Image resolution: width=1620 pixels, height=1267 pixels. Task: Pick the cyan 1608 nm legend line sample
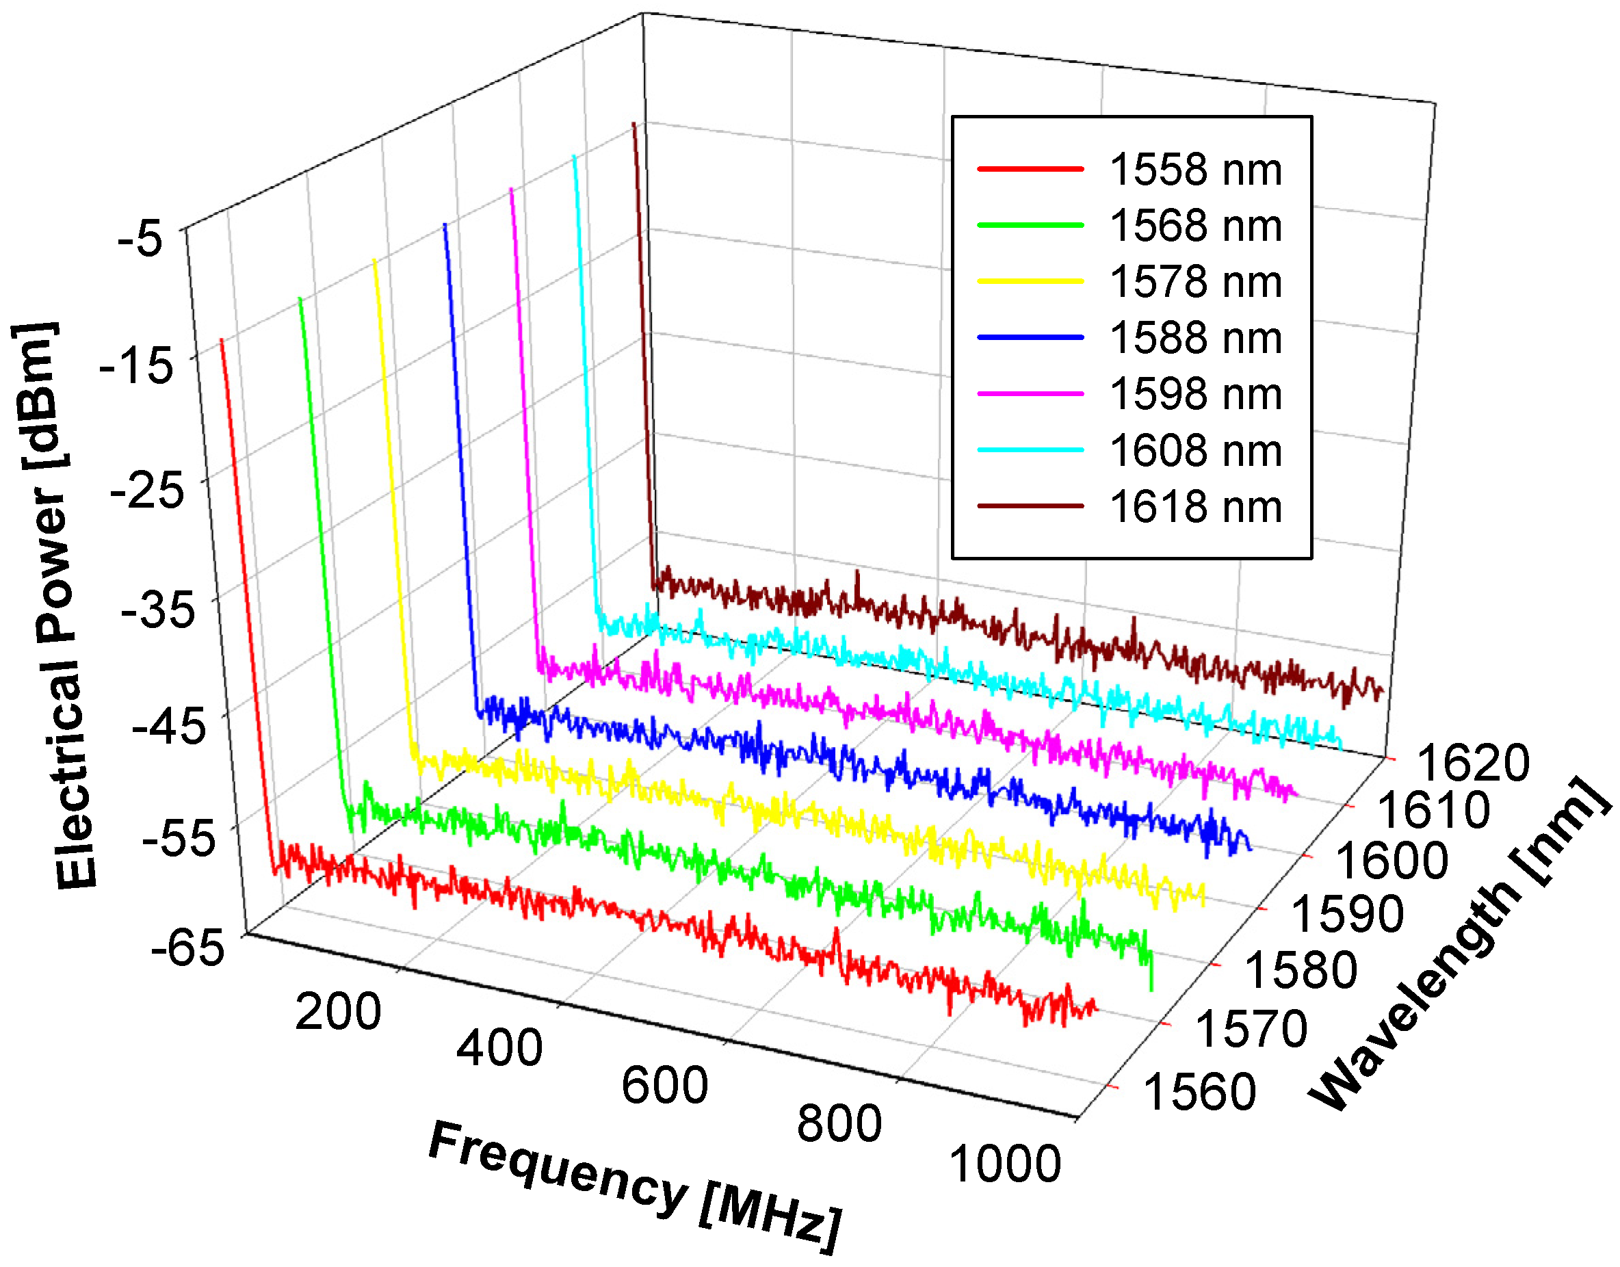tap(1030, 449)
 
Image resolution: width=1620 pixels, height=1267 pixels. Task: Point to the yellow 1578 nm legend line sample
tap(1030, 282)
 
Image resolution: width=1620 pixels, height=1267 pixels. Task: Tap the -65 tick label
tap(187, 948)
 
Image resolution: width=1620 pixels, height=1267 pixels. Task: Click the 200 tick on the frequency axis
tap(338, 1011)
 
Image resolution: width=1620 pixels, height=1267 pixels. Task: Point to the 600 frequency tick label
tap(664, 1086)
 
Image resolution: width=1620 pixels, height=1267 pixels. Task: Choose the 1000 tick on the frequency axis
tap(1005, 1164)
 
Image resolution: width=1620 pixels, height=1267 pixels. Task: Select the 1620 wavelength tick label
tap(1473, 763)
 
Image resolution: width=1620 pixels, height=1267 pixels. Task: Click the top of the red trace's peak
tap(221, 340)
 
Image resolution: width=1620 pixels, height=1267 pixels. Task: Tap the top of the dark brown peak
tap(633, 124)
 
